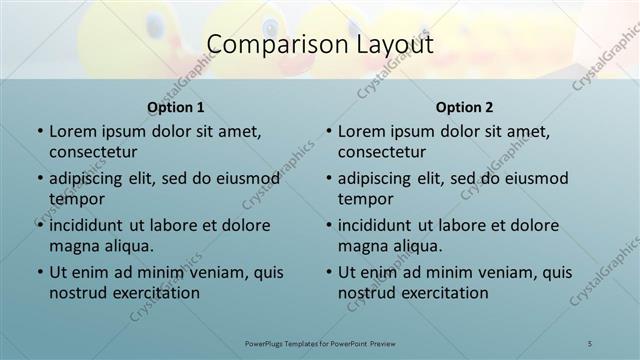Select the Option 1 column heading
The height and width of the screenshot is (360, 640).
pyautogui.click(x=176, y=107)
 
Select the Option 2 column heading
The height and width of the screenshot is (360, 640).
pyautogui.click(x=465, y=107)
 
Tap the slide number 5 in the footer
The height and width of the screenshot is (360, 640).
pyautogui.click(x=590, y=343)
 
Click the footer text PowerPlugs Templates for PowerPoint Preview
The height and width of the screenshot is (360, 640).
pyautogui.click(x=320, y=343)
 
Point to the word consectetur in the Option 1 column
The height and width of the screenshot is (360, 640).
pyautogui.click(x=93, y=152)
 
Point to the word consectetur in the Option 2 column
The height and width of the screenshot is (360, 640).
pyautogui.click(x=382, y=152)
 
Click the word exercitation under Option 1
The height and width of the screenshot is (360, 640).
pyautogui.click(x=158, y=292)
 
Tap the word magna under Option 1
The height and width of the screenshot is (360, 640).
pyautogui.click(x=73, y=245)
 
